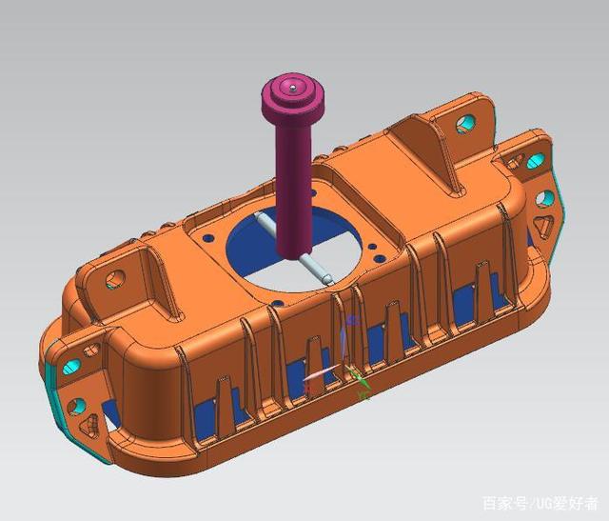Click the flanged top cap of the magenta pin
296,98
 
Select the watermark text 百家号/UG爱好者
540,503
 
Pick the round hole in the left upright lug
115,278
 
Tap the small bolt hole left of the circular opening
209,230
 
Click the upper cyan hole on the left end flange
69,367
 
